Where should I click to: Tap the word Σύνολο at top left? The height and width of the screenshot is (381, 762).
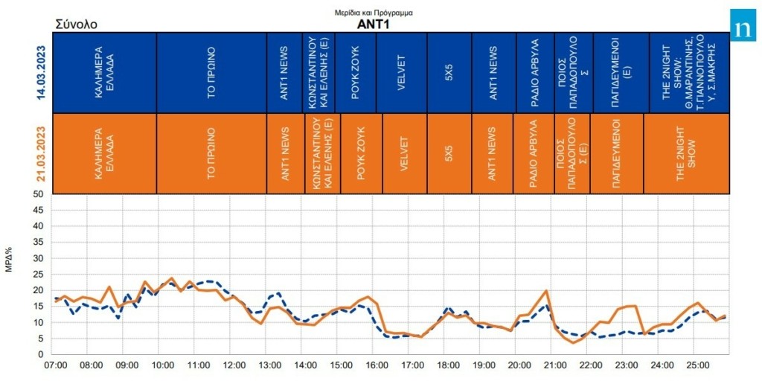pos(76,25)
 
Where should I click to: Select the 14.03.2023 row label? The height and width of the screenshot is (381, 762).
pos(42,72)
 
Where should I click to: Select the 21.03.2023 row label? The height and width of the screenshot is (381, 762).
pos(42,153)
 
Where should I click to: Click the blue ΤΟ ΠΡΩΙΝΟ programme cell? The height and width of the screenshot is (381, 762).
pos(211,72)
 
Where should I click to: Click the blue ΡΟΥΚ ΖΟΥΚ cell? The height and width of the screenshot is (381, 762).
pos(356,72)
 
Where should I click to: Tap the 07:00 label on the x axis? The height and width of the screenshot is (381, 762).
pos(57,366)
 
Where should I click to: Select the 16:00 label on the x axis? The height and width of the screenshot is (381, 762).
pos(377,366)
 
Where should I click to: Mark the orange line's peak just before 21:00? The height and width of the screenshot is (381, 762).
pos(547,290)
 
